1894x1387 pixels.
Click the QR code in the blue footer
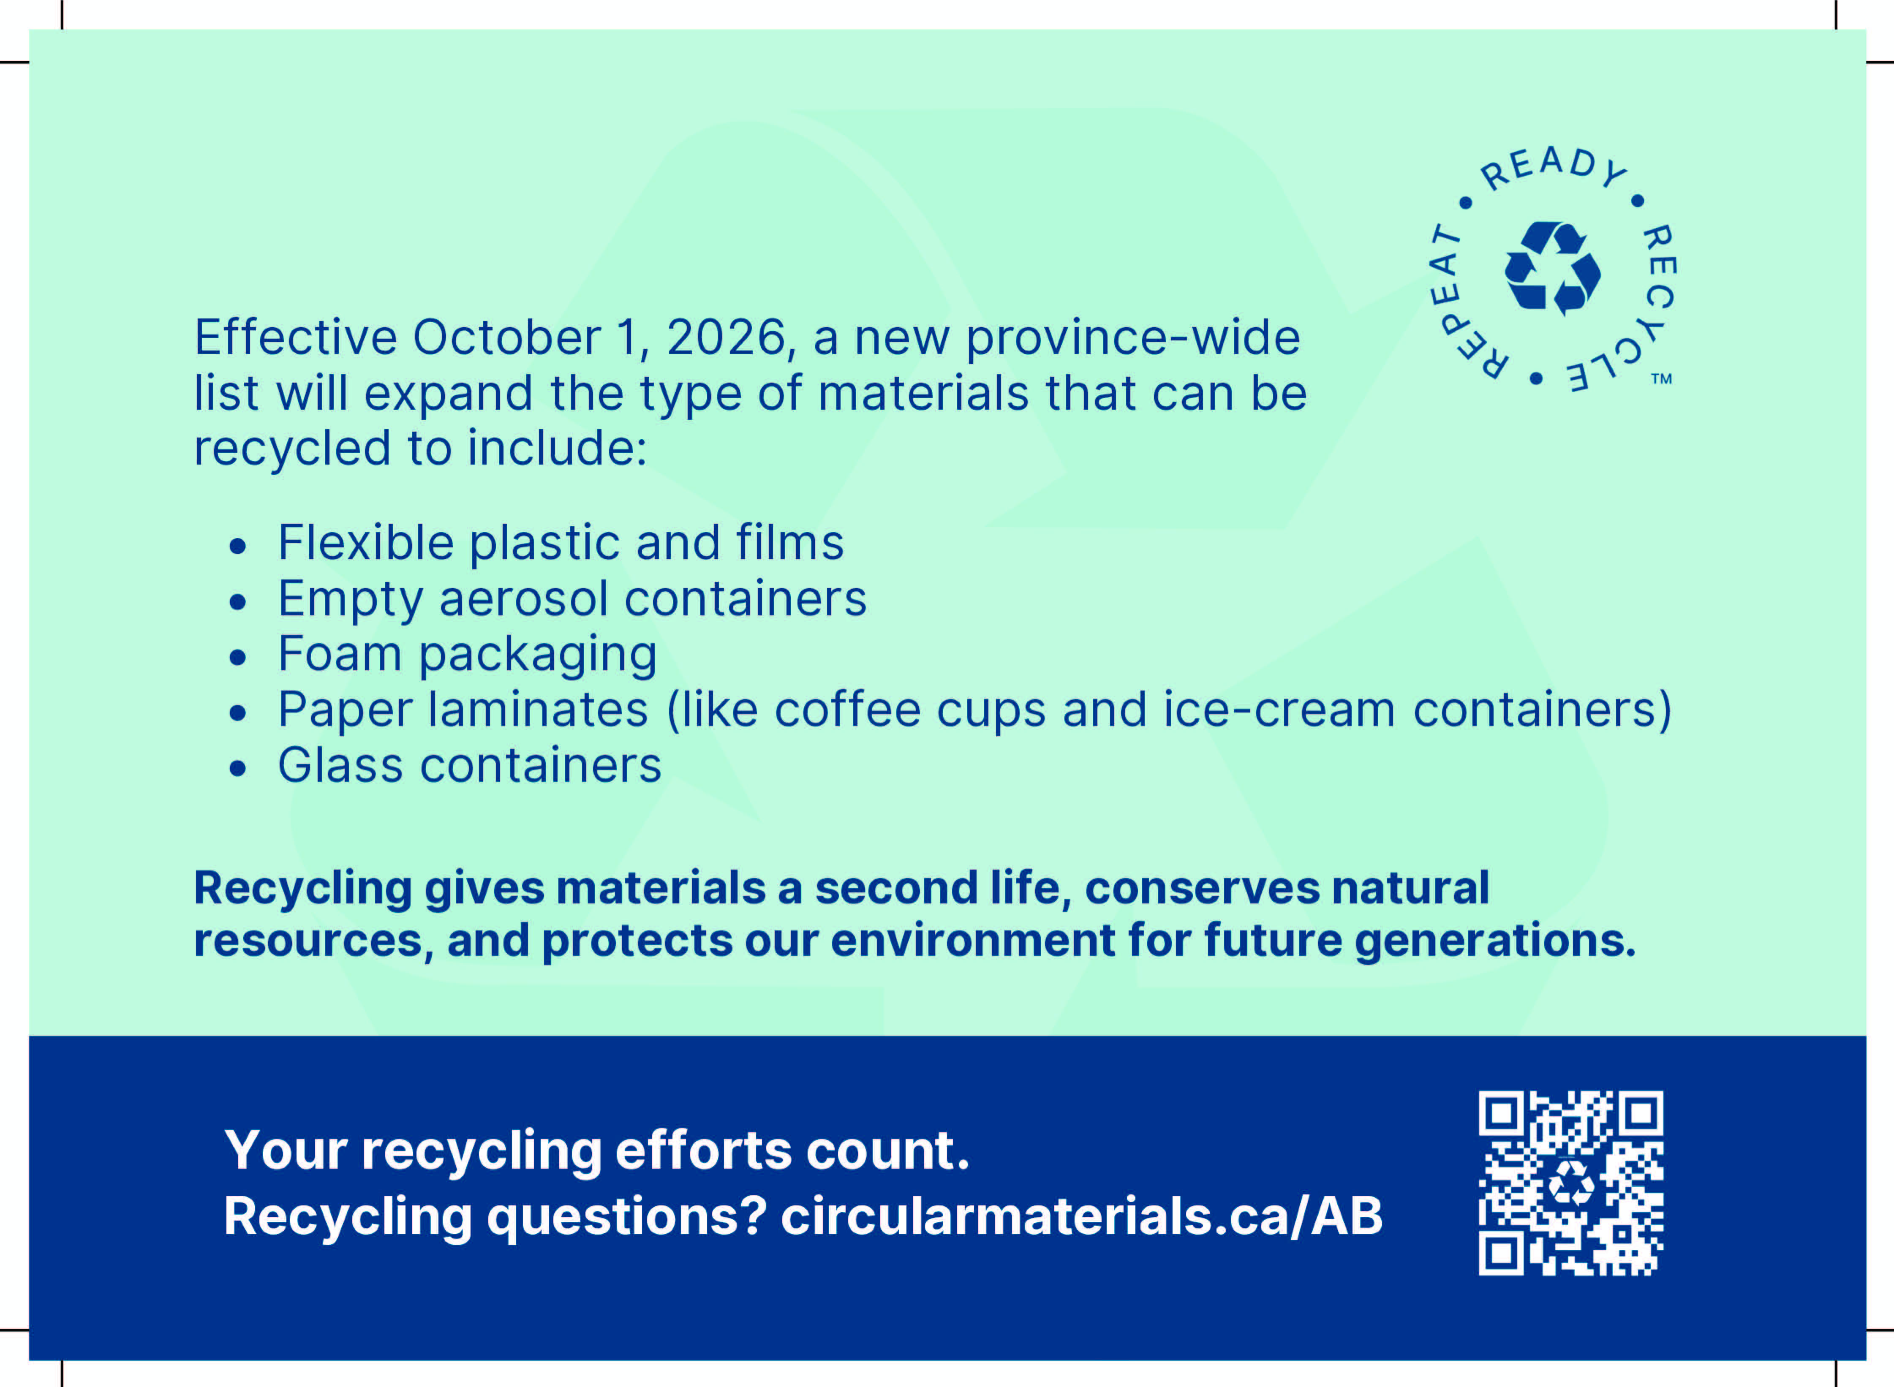[x=1571, y=1183]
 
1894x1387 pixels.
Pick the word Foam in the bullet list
[x=340, y=654]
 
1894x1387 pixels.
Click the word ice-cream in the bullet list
[x=1279, y=710]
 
